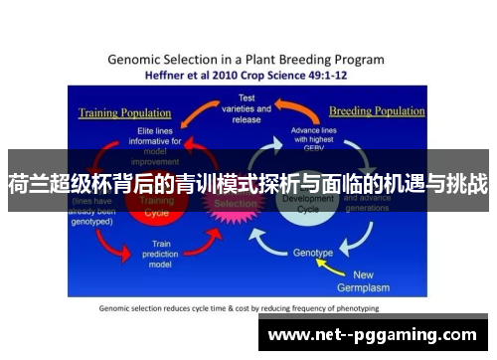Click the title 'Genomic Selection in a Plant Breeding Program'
click(248, 58)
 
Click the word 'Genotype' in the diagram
click(314, 253)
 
